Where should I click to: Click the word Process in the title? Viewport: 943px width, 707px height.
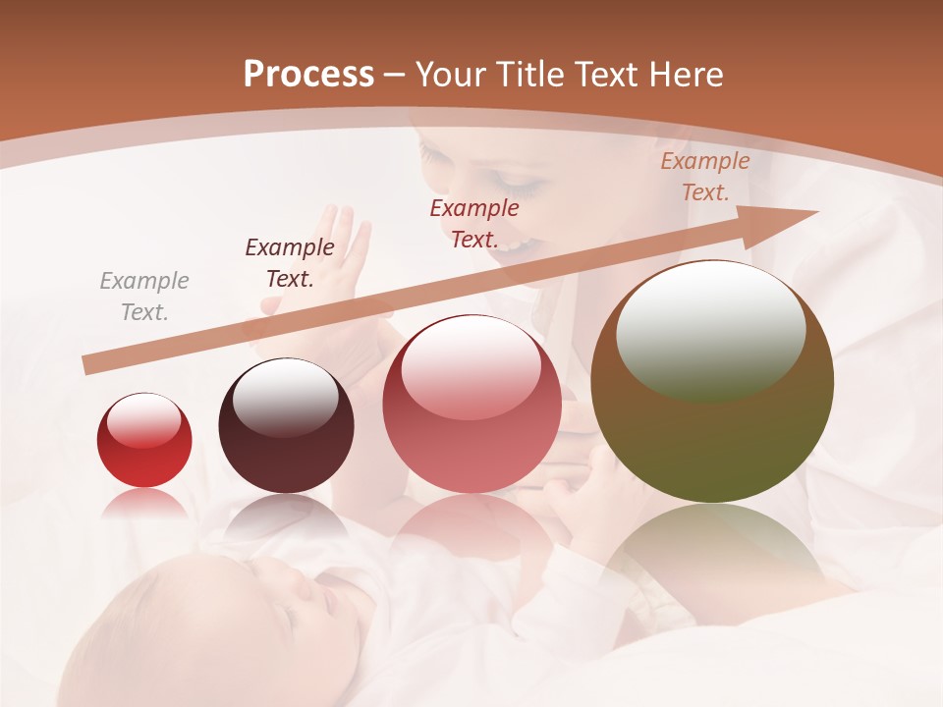coord(308,75)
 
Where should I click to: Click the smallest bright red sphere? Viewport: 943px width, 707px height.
coord(144,441)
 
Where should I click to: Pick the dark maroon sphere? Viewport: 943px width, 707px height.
coord(286,426)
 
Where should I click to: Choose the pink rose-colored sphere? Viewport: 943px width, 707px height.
coord(471,405)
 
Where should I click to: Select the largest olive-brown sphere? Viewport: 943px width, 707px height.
coord(712,383)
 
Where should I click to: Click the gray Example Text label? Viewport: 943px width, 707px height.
coord(144,297)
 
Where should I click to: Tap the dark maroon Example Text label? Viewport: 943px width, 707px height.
coord(289,262)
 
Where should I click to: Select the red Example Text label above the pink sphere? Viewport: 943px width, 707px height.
coord(473,223)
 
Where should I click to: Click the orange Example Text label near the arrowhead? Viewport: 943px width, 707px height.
coord(704,177)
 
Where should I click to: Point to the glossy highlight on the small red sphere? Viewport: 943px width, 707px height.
coord(143,420)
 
